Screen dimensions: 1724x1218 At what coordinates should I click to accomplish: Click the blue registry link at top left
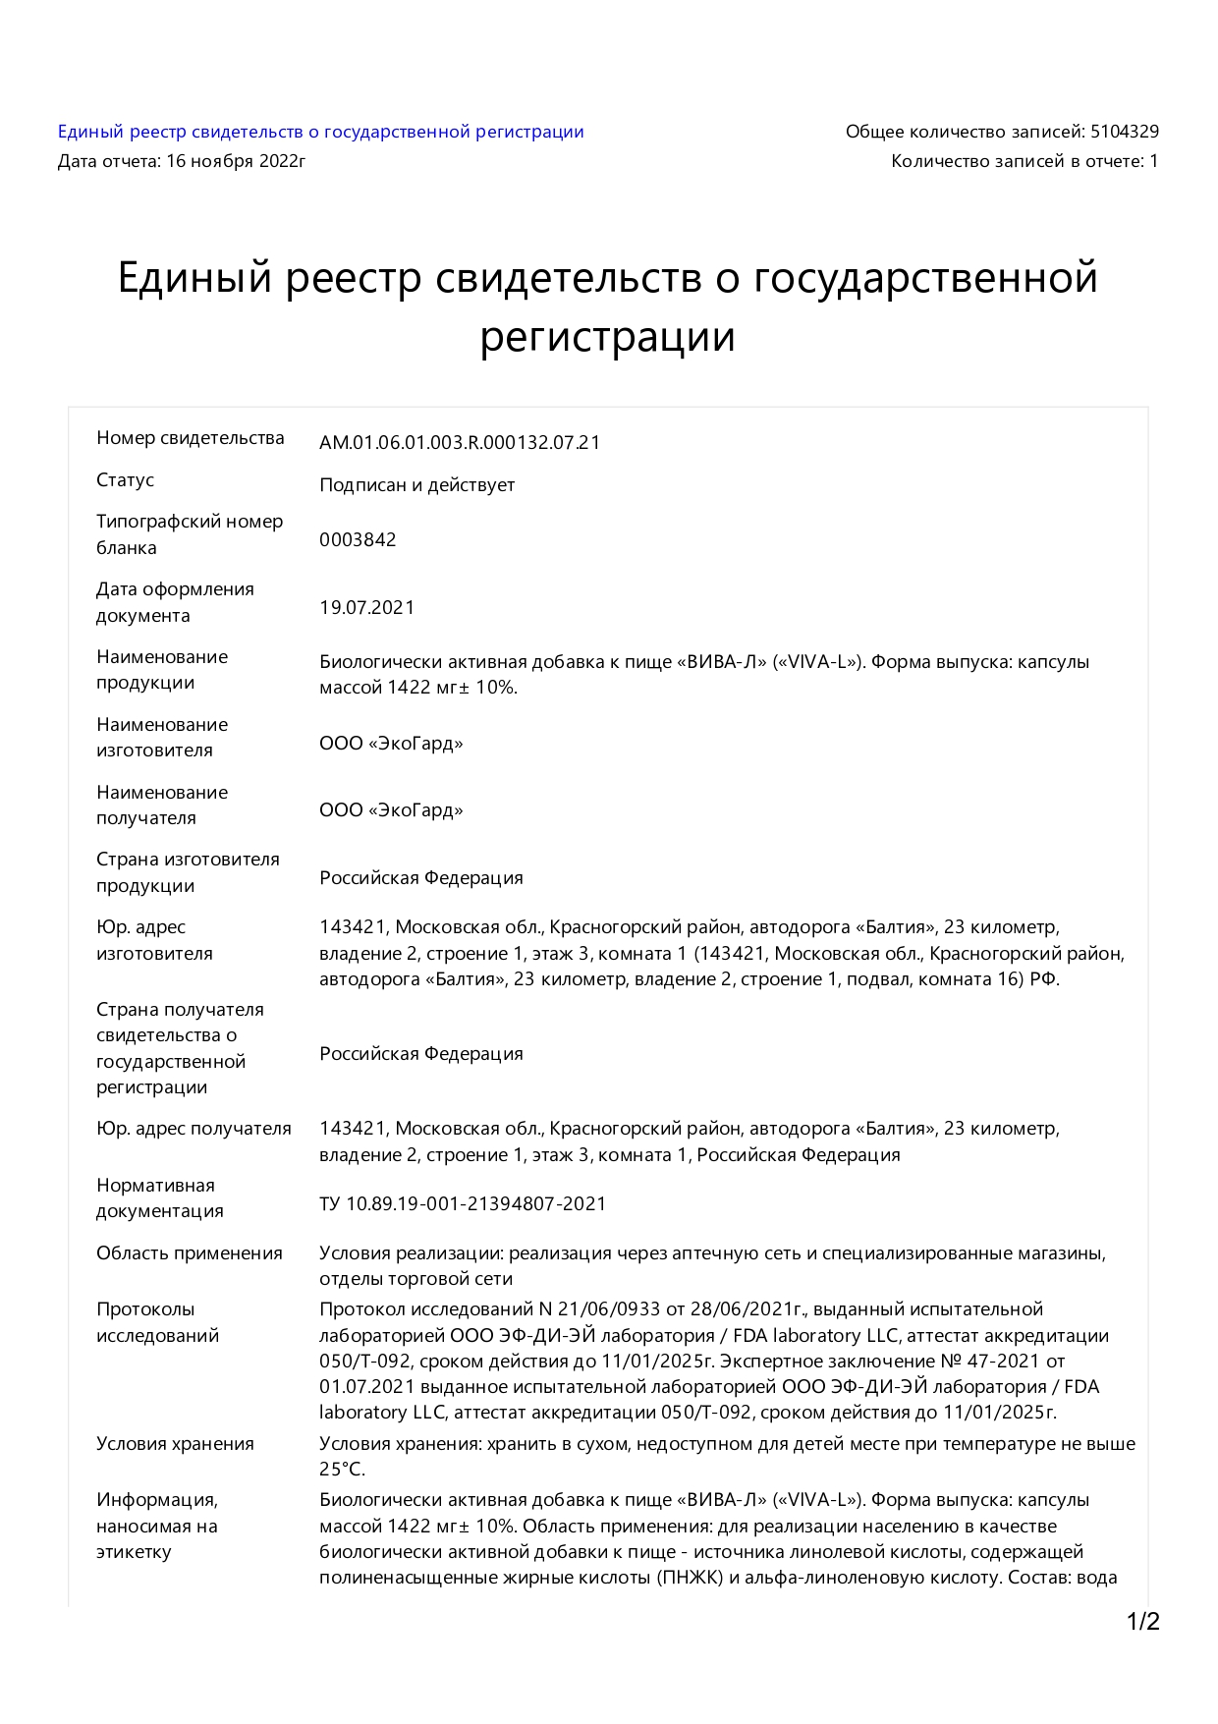pos(320,132)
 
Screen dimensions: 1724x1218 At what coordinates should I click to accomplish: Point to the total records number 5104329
pos(1124,132)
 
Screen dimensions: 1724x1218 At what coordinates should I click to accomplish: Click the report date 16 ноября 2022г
pos(236,161)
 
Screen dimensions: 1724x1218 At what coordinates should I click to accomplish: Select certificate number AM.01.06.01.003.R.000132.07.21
pos(459,442)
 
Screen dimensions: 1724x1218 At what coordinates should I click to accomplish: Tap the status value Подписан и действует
pos(416,485)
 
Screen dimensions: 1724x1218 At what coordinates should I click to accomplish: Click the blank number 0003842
pos(358,539)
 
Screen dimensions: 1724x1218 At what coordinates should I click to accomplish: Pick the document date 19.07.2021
pos(366,607)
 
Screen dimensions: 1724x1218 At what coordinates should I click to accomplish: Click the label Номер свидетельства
pos(190,438)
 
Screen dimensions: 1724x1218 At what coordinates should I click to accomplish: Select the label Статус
pos(125,480)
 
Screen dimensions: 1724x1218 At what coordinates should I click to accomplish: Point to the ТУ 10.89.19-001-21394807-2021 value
pos(462,1203)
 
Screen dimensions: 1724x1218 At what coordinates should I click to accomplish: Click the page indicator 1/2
pos(1142,1622)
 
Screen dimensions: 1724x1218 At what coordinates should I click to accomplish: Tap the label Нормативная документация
pos(159,1198)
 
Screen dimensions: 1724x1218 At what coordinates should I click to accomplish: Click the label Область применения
pos(189,1253)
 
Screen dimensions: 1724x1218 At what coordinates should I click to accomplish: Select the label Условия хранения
pos(175,1444)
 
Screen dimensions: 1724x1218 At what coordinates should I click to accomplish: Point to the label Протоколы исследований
pos(157,1322)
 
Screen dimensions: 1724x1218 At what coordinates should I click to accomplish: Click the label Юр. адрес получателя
pos(194,1129)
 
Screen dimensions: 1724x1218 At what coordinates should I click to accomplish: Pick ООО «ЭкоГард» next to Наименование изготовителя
pos(391,744)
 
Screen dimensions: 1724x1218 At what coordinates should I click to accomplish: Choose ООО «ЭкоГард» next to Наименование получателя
pos(391,810)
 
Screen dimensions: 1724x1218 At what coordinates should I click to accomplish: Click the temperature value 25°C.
pos(342,1470)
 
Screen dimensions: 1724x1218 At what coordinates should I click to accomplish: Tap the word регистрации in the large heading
pos(607,337)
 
